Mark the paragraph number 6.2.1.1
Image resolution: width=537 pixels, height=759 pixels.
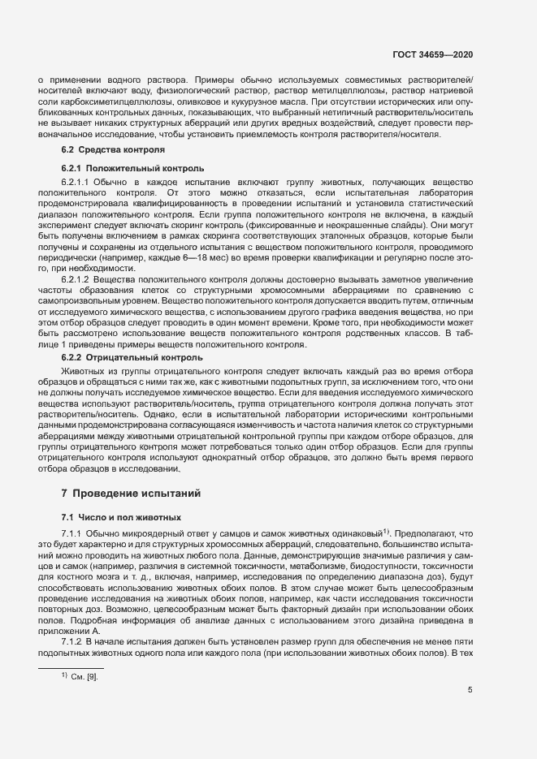click(77, 181)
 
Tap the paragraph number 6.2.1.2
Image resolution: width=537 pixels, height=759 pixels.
click(77, 279)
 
